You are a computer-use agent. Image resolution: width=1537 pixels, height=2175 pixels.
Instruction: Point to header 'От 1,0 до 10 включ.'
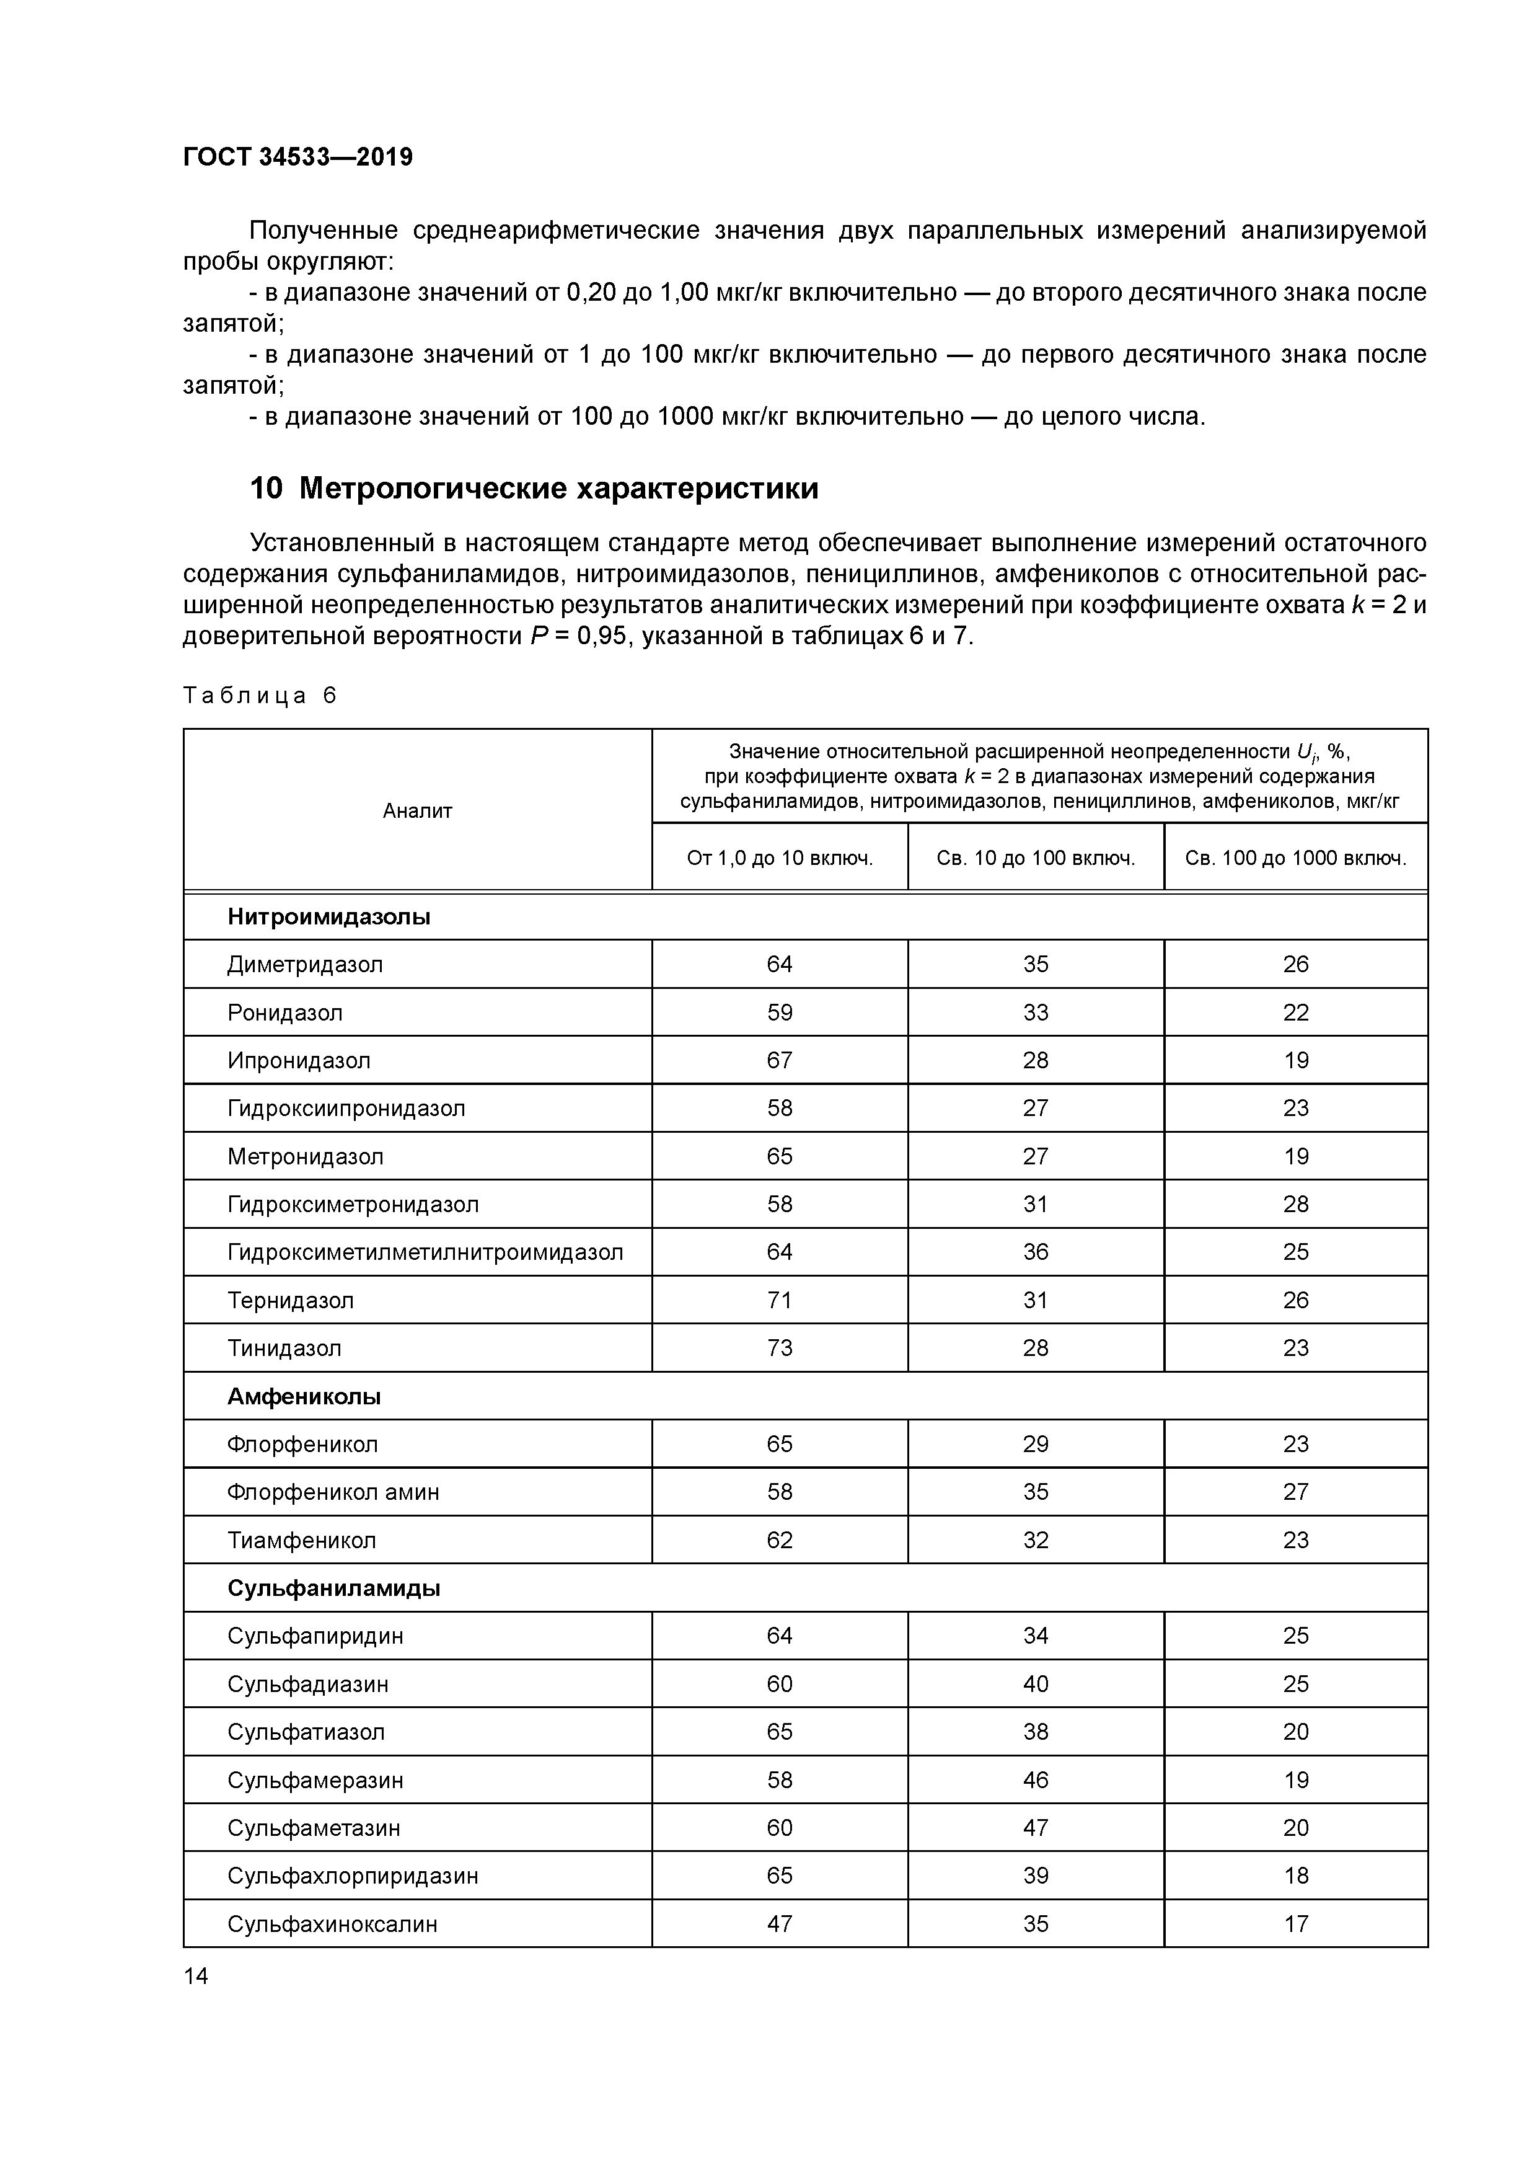(780, 858)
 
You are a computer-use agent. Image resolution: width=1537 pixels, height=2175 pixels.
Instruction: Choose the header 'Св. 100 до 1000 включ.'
(1295, 858)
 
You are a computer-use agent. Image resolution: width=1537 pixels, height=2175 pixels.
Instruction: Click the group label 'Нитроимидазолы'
(328, 917)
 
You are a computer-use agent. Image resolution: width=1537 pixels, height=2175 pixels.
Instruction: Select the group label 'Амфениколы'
(304, 1396)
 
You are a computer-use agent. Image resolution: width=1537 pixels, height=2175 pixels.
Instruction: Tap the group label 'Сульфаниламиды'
(333, 1588)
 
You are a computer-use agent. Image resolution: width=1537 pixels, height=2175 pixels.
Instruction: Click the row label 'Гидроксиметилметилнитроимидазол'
(425, 1252)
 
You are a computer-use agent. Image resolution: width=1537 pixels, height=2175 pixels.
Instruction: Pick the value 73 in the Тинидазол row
(780, 1348)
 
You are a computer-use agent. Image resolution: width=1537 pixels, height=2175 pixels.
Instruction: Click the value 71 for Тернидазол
(780, 1301)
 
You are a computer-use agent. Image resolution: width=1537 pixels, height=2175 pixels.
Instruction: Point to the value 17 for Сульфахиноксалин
(1295, 1924)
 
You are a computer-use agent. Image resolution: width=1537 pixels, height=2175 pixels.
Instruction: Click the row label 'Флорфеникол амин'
(333, 1492)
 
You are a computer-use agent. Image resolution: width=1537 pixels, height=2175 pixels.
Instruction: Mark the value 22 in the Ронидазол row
(1295, 1012)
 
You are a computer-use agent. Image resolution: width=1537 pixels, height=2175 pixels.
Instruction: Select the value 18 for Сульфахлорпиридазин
(1295, 1876)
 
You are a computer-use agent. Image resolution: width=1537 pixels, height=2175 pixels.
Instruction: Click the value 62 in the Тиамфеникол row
(780, 1540)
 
